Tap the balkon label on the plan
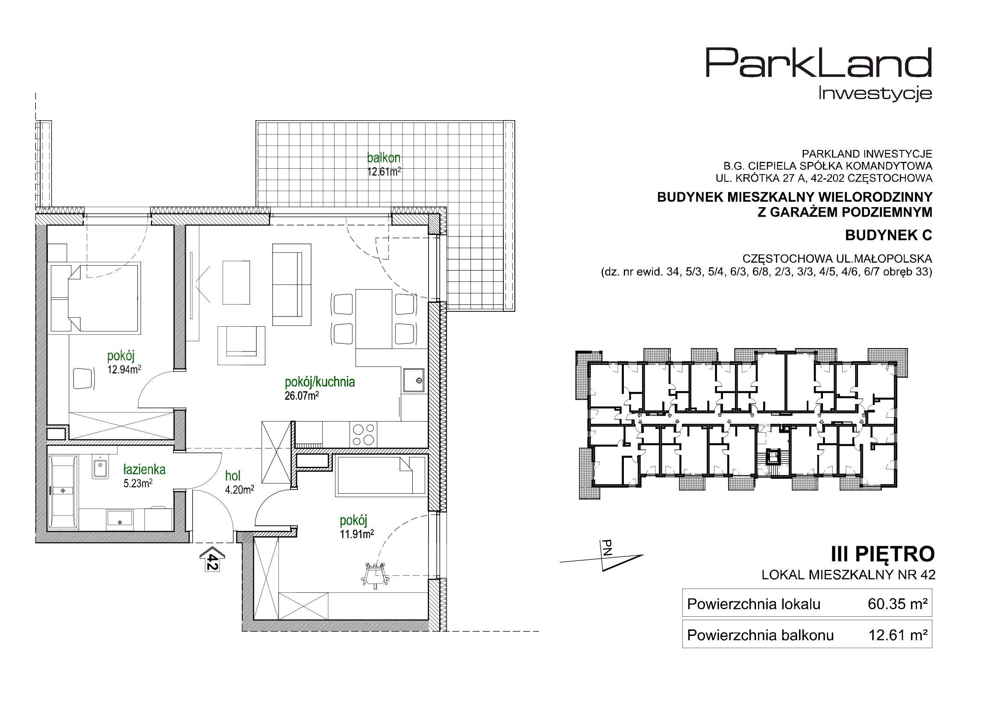tap(383, 157)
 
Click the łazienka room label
tap(144, 469)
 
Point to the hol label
tap(233, 476)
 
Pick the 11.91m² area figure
tap(357, 534)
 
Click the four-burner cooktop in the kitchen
tap(363, 434)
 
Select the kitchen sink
tap(414, 381)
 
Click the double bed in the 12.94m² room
tap(95, 298)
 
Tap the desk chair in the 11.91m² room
tap(374, 574)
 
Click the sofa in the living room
tap(291, 284)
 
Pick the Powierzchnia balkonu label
tap(761, 636)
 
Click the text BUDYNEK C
tap(888, 235)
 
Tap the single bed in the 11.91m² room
tap(381, 475)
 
